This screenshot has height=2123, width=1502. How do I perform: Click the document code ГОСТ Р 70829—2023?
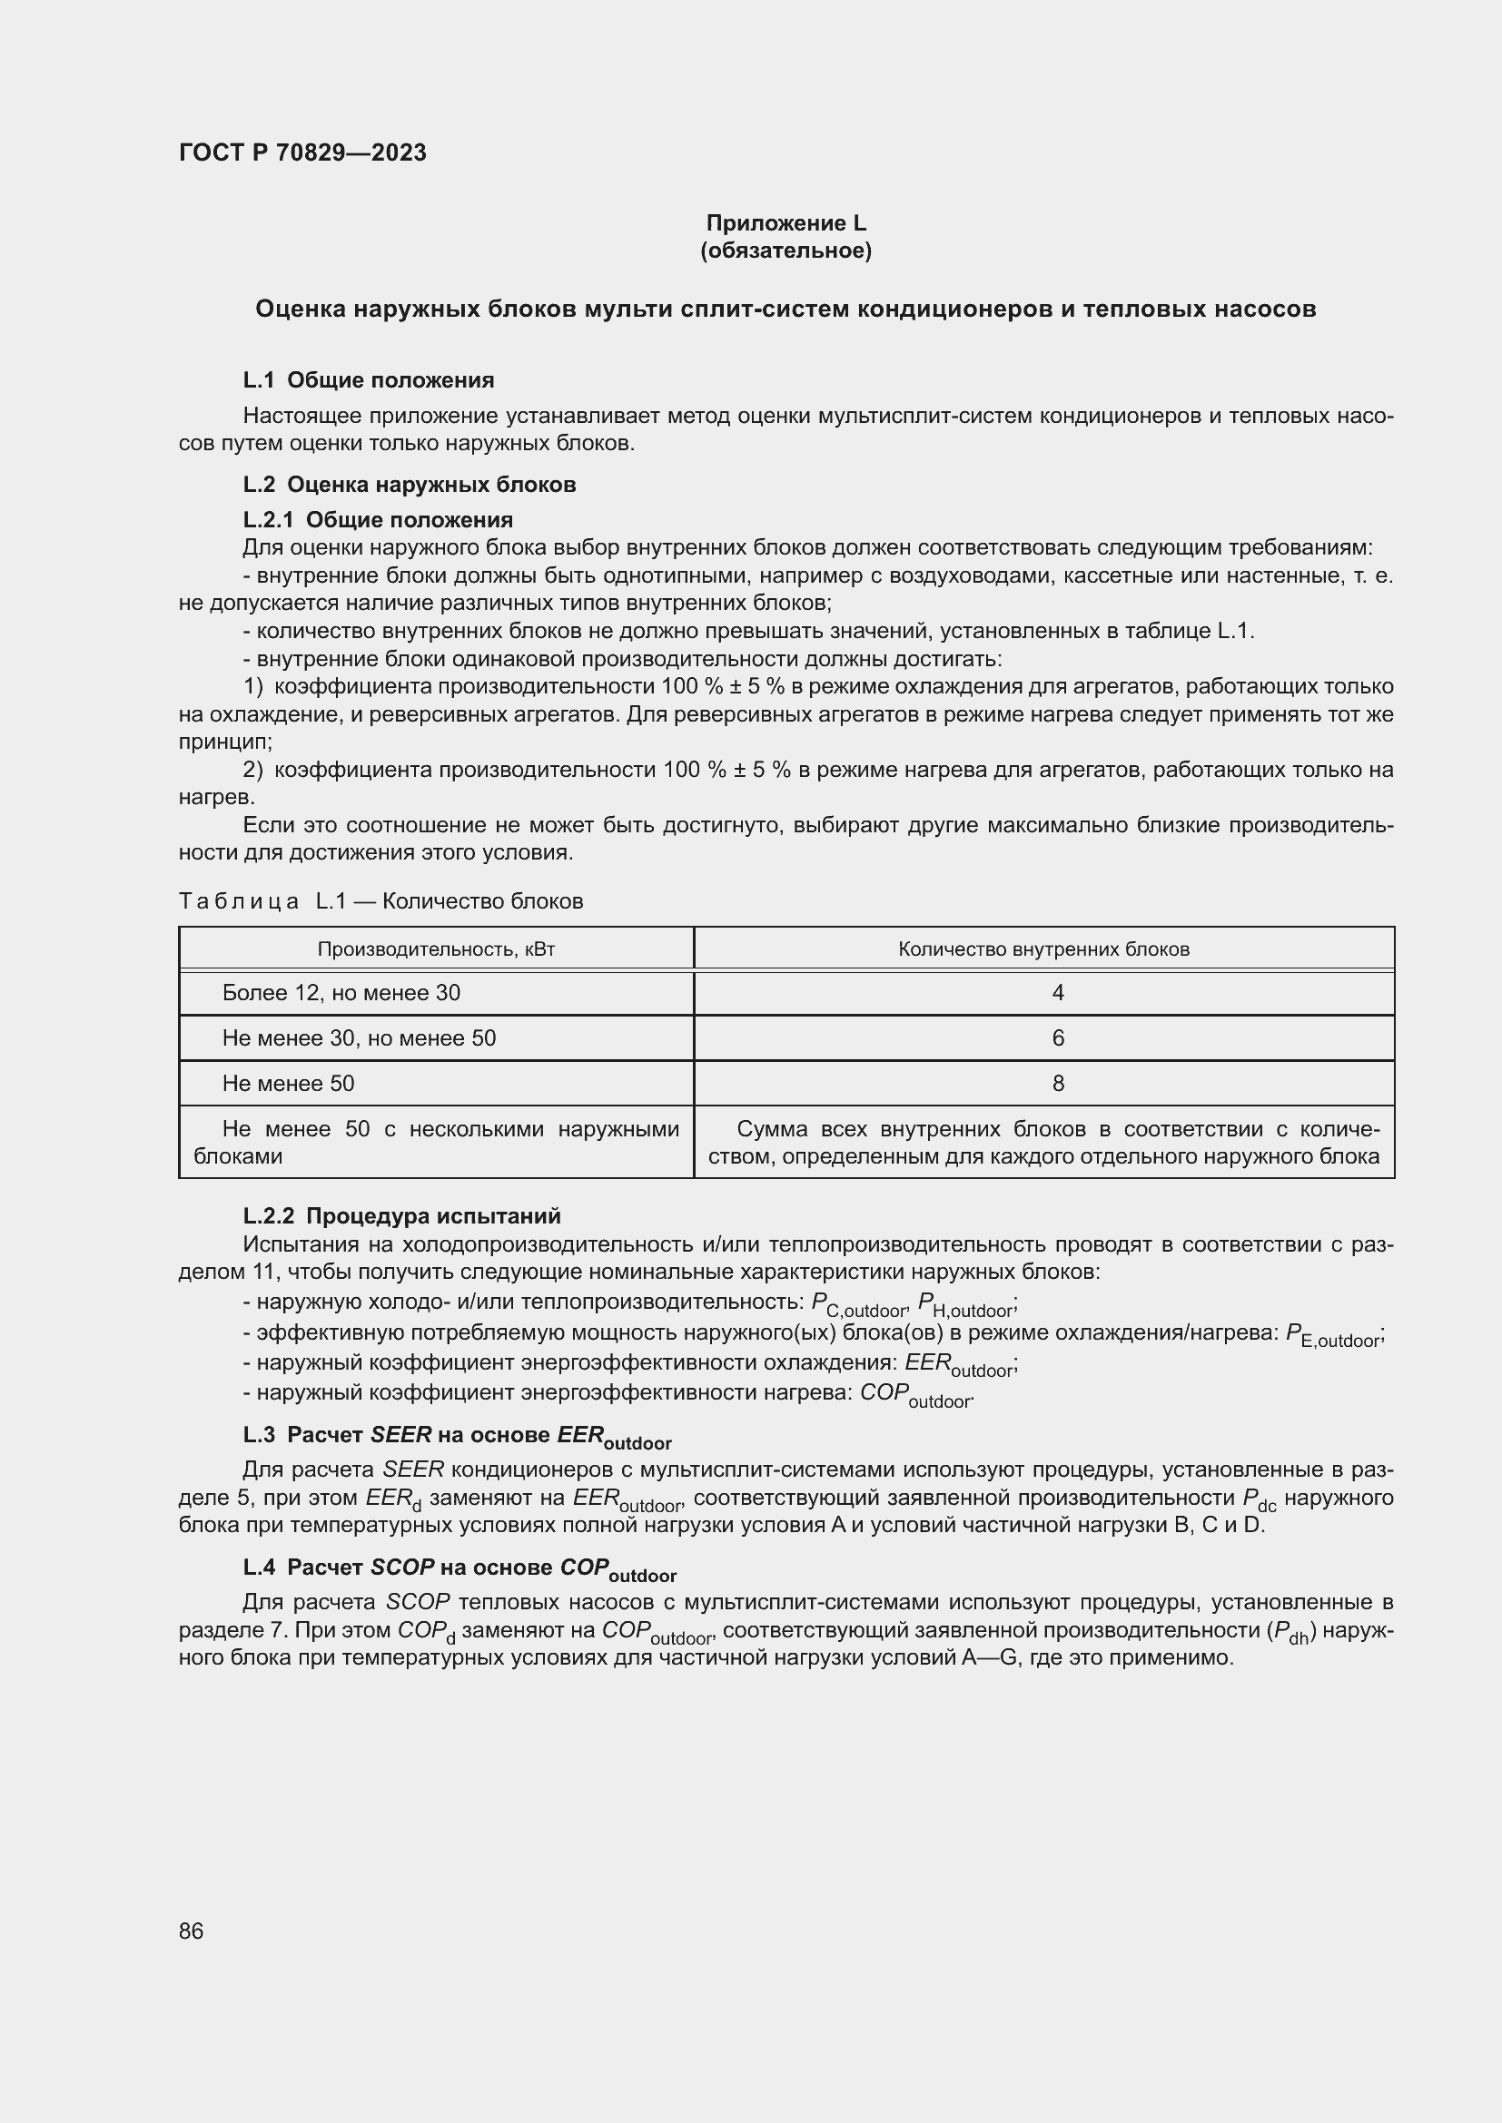tap(302, 152)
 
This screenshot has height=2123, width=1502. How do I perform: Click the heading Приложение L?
tap(786, 223)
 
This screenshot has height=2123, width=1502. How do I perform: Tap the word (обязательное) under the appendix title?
tap(786, 251)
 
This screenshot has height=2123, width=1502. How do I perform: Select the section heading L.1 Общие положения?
tap(368, 380)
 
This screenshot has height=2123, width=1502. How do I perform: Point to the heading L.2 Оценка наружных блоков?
tap(409, 485)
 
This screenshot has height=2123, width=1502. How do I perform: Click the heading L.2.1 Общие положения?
tap(378, 520)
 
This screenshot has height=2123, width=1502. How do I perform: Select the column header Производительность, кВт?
tap(436, 949)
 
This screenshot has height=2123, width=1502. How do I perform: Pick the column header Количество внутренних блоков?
tap(1043, 949)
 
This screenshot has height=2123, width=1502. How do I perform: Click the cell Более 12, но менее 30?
tap(341, 993)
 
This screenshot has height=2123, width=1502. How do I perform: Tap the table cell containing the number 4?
tap(1058, 993)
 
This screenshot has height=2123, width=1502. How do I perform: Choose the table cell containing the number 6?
tap(1058, 1038)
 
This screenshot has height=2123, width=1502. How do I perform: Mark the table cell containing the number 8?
tap(1058, 1084)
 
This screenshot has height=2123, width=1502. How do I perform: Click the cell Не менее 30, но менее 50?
tap(359, 1038)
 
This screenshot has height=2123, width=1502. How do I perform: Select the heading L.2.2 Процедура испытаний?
tap(401, 1216)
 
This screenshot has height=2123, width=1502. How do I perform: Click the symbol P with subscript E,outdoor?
tap(1333, 1335)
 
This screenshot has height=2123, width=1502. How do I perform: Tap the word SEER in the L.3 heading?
tap(400, 1435)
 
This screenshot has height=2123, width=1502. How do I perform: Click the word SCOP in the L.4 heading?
tap(402, 1568)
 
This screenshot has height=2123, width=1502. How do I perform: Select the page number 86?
tap(192, 1931)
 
